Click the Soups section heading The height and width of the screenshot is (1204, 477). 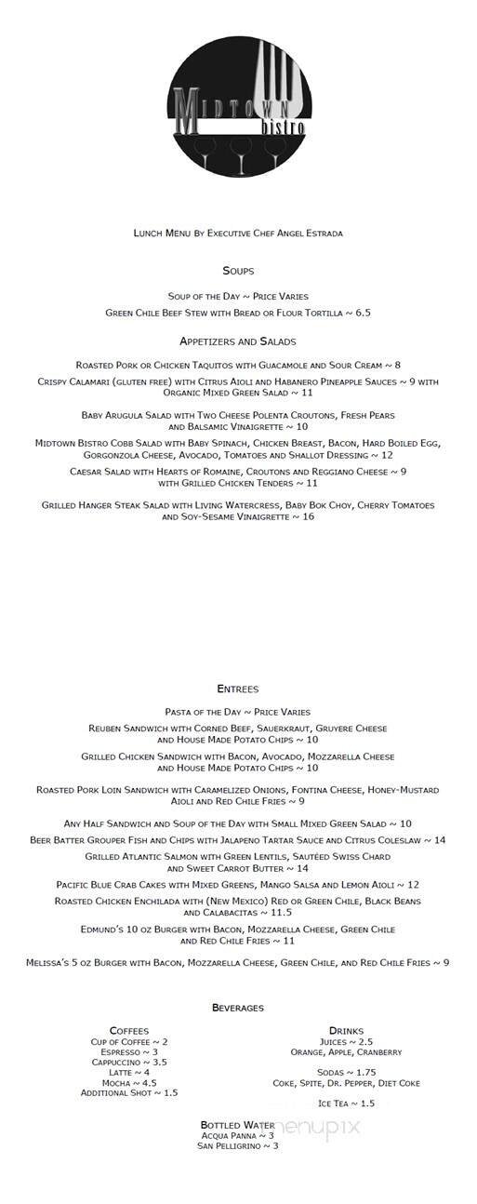[x=238, y=271]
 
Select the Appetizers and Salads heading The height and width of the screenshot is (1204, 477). [x=238, y=341]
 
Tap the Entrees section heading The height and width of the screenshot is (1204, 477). [x=238, y=689]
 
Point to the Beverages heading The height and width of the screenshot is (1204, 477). [x=238, y=1008]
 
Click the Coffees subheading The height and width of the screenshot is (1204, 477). [x=129, y=1031]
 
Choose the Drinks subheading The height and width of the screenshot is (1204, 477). [x=346, y=1031]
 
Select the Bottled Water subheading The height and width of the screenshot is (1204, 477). [x=238, y=1125]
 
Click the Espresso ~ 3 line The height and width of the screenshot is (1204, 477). [x=129, y=1051]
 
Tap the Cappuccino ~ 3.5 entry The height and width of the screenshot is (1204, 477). [x=129, y=1062]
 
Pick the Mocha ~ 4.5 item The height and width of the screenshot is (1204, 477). [x=129, y=1082]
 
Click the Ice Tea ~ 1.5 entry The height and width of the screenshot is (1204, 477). [x=346, y=1104]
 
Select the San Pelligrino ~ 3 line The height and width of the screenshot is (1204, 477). [x=238, y=1146]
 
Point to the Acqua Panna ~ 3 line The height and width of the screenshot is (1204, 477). [x=238, y=1136]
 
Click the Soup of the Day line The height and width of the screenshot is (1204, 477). [x=238, y=295]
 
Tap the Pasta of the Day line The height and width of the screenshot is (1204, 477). [x=238, y=712]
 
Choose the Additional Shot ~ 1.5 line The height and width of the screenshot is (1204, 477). [x=129, y=1092]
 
